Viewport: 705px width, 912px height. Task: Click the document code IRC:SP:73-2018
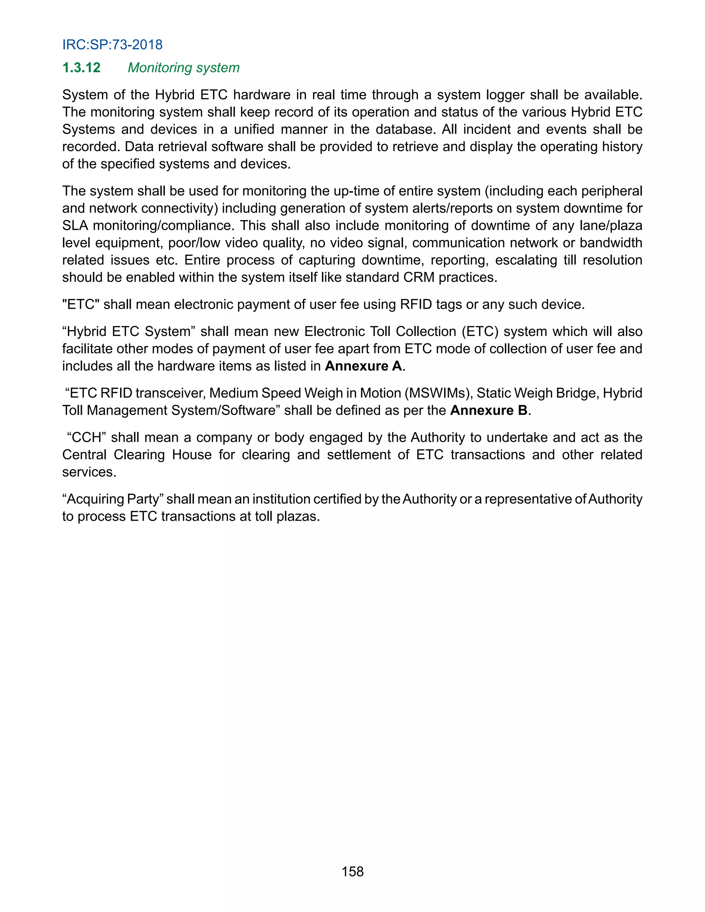click(x=112, y=45)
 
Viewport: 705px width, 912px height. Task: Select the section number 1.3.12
click(x=82, y=68)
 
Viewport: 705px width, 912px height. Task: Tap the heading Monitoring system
click(x=183, y=68)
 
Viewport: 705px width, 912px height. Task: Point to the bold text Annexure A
click(x=364, y=366)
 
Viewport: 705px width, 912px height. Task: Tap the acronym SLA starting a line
click(x=75, y=225)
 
